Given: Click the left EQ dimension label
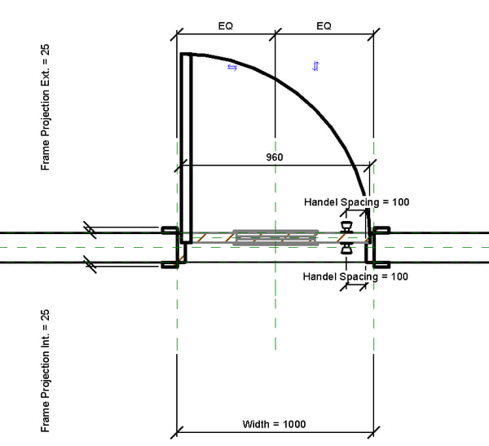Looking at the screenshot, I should tap(226, 26).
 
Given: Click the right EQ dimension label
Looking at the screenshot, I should tap(324, 26).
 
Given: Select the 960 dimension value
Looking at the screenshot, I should tap(275, 156).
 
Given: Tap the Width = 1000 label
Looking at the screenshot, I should tap(275, 425).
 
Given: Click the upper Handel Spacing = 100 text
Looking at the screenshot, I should tap(356, 201).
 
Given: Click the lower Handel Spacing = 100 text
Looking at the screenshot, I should tap(356, 277).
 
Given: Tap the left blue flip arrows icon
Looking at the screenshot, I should tap(231, 68).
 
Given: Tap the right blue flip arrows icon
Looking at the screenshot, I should tap(315, 66).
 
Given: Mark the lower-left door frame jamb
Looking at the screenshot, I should tap(170, 263).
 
